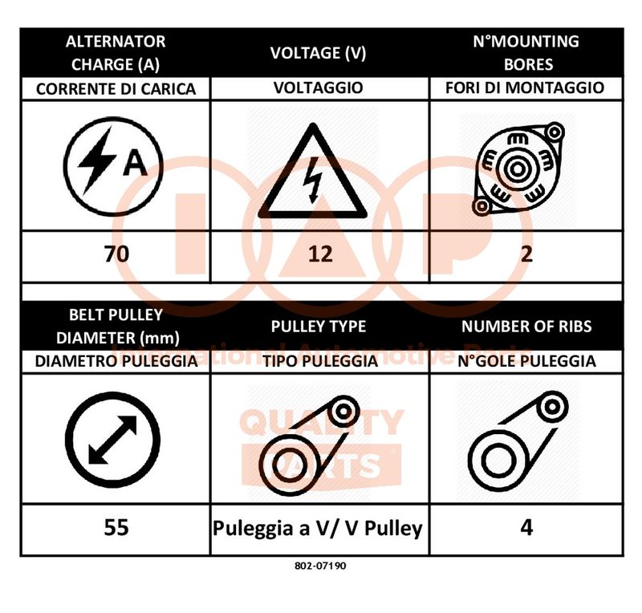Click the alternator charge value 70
pyautogui.click(x=116, y=254)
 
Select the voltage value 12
pyautogui.click(x=320, y=254)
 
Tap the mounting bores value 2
pyautogui.click(x=526, y=254)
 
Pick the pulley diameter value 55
pyautogui.click(x=116, y=527)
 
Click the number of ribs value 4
pyautogui.click(x=526, y=527)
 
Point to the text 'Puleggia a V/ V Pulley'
pyautogui.click(x=317, y=528)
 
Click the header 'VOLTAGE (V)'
pyautogui.click(x=318, y=53)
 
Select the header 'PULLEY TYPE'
pyautogui.click(x=319, y=327)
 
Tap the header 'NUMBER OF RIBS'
pyautogui.click(x=526, y=327)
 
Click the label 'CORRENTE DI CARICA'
pyautogui.click(x=116, y=89)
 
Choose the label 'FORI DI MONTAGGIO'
pyautogui.click(x=525, y=87)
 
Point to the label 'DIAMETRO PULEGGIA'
pyautogui.click(x=116, y=361)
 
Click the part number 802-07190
pyautogui.click(x=320, y=566)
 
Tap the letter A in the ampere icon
pyautogui.click(x=135, y=163)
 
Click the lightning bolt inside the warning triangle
pyautogui.click(x=313, y=181)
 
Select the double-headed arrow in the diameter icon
pyautogui.click(x=112, y=440)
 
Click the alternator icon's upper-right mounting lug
pyautogui.click(x=555, y=132)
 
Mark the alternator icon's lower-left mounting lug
pyautogui.click(x=481, y=206)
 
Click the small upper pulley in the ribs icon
pyautogui.click(x=552, y=407)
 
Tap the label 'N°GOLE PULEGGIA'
pyautogui.click(x=526, y=361)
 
